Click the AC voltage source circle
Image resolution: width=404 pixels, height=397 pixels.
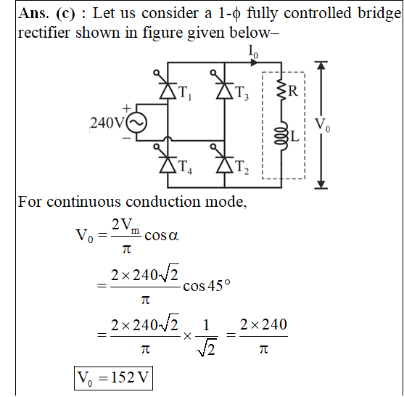(136, 123)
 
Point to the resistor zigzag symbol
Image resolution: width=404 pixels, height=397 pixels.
(281, 90)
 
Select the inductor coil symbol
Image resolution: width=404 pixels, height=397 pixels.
(281, 136)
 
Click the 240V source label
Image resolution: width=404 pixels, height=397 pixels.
(107, 123)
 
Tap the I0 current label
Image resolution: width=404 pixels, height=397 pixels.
(253, 52)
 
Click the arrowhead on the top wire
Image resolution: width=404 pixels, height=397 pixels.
(254, 62)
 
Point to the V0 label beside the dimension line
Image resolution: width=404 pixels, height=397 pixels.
(322, 126)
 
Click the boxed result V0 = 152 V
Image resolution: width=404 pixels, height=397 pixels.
(113, 378)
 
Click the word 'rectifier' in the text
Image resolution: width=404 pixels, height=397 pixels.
(44, 33)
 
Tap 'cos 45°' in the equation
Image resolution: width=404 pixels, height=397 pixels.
(207, 286)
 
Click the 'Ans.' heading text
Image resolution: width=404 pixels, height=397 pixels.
(33, 13)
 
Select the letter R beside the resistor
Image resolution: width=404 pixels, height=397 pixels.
(293, 91)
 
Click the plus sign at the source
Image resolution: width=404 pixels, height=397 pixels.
(126, 109)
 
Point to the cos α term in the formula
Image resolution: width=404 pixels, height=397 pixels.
(162, 236)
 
